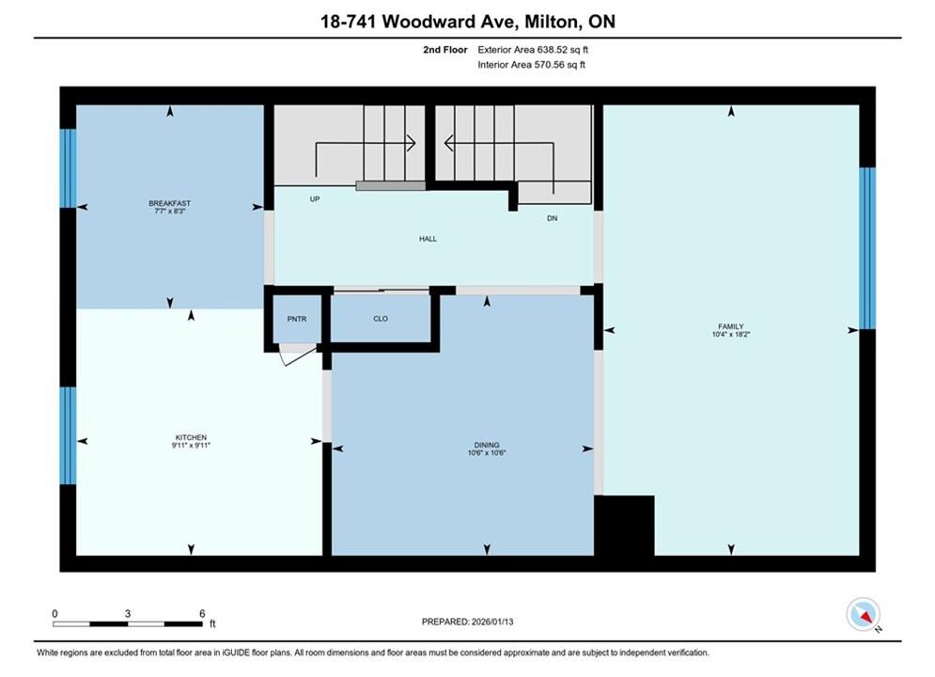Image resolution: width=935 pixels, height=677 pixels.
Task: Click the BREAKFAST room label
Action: (169, 203)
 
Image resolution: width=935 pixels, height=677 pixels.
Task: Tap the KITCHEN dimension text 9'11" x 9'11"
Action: (191, 445)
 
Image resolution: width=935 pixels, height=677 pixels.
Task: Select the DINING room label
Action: (487, 445)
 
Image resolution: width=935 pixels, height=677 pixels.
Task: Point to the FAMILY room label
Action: (730, 326)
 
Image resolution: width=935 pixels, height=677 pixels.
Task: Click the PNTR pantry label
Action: (296, 319)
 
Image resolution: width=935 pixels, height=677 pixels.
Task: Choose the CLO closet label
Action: (381, 319)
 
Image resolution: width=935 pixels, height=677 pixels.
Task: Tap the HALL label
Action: (428, 239)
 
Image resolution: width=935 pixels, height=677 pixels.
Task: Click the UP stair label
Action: (314, 199)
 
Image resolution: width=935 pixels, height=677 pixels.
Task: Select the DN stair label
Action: (553, 218)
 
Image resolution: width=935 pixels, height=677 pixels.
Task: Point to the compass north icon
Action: (863, 614)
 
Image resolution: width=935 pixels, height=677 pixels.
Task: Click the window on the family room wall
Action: (867, 248)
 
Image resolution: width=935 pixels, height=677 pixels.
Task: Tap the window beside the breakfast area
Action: (68, 168)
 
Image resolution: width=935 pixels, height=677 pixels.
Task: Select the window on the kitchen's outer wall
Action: (68, 435)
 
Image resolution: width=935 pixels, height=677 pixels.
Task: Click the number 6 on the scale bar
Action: (202, 613)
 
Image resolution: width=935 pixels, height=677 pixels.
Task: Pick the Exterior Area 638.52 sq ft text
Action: (533, 50)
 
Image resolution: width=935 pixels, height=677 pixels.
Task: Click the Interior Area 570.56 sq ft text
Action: (531, 65)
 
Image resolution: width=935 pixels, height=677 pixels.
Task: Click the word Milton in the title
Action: (552, 22)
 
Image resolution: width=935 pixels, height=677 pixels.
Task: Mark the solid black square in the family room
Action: (624, 526)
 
